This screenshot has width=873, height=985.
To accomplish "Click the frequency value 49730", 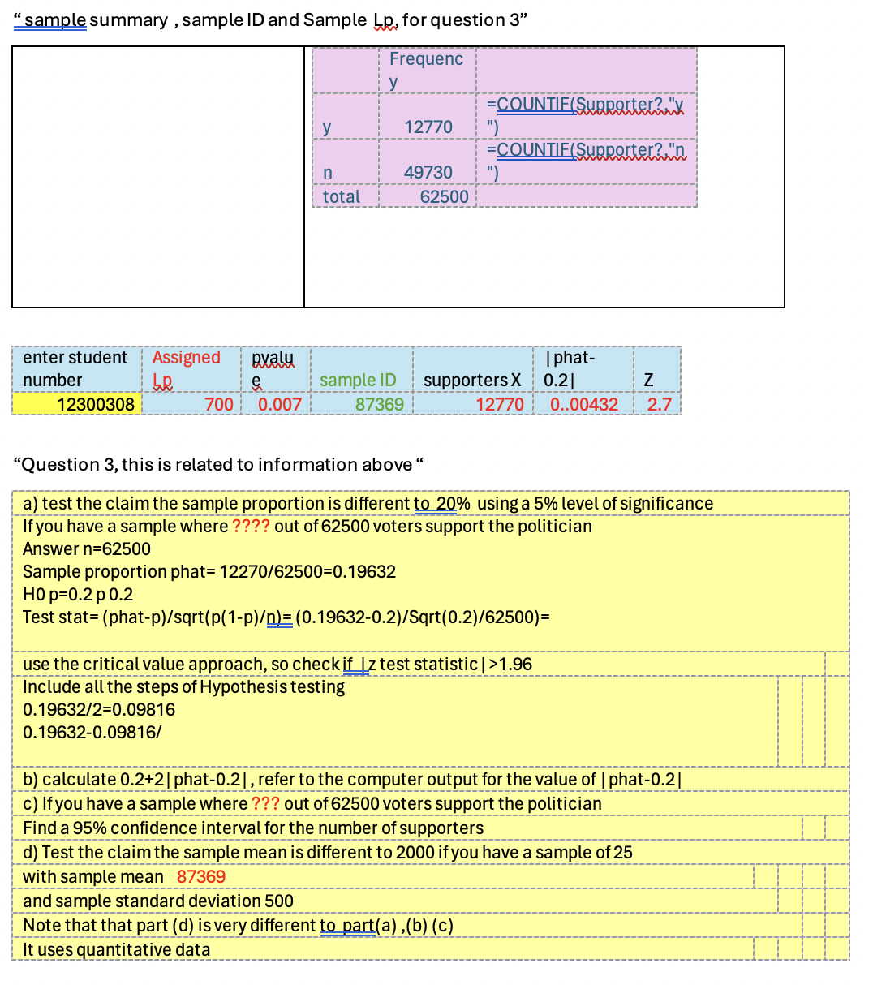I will click(428, 172).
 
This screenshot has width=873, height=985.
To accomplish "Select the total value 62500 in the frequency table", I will click(444, 196).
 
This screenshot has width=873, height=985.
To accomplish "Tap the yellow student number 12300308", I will click(96, 404).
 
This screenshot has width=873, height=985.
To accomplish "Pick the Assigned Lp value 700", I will click(218, 404).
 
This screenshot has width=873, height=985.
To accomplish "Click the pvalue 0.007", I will click(279, 404).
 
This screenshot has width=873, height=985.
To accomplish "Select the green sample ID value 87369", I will click(379, 404).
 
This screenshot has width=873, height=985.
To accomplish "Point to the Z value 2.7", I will click(659, 404).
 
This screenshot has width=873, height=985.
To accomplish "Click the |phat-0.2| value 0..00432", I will click(583, 404).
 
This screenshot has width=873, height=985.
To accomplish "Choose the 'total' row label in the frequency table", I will click(341, 196).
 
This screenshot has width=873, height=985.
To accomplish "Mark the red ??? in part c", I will click(265, 803).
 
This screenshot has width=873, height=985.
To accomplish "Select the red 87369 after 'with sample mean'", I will click(201, 876).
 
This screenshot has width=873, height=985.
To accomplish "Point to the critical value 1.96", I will click(516, 664).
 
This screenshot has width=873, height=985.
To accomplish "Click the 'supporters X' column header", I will click(471, 380).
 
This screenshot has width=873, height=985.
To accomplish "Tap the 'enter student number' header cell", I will click(75, 368).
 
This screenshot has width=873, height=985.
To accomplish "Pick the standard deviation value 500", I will click(278, 901).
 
